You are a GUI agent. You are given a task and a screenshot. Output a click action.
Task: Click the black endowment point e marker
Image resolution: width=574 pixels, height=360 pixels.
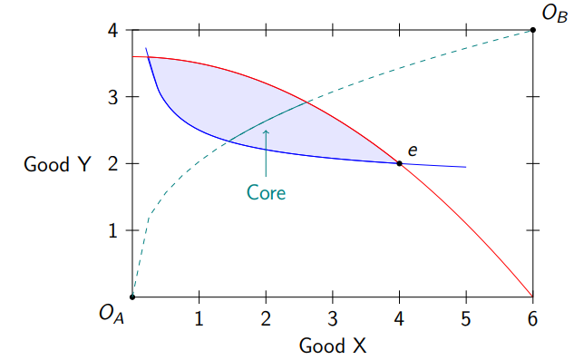point(399,163)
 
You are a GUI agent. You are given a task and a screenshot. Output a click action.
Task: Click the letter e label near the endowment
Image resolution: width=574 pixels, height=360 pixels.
point(412,151)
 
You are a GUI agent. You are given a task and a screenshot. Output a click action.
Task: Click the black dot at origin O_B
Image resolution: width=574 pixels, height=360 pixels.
point(532,30)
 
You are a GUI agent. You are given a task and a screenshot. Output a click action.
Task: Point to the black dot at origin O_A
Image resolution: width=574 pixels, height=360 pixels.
point(132,297)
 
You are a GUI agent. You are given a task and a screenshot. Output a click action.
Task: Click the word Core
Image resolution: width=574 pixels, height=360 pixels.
point(266,192)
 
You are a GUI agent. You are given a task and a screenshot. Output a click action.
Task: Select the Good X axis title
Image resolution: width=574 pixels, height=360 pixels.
point(332,345)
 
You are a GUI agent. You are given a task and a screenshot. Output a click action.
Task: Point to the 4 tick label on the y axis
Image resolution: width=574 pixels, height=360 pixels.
point(113,30)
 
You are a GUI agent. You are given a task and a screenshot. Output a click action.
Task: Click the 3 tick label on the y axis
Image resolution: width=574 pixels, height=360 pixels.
point(113,97)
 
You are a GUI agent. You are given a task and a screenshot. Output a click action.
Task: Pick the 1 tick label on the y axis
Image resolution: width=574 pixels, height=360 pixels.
point(113,230)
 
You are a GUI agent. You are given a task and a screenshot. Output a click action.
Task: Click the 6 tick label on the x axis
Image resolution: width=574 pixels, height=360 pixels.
point(532,318)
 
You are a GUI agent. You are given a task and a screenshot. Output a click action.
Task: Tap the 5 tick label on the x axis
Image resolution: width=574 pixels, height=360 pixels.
point(466,318)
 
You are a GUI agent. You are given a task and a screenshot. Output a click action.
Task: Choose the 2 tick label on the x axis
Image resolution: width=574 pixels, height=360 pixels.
point(266,318)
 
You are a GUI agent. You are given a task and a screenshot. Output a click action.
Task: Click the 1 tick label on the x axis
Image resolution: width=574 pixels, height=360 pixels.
point(199,318)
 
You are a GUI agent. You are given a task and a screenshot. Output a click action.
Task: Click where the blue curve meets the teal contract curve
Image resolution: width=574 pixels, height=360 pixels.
point(228,141)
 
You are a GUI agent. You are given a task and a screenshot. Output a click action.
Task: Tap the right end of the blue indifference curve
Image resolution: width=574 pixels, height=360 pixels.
point(466,167)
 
